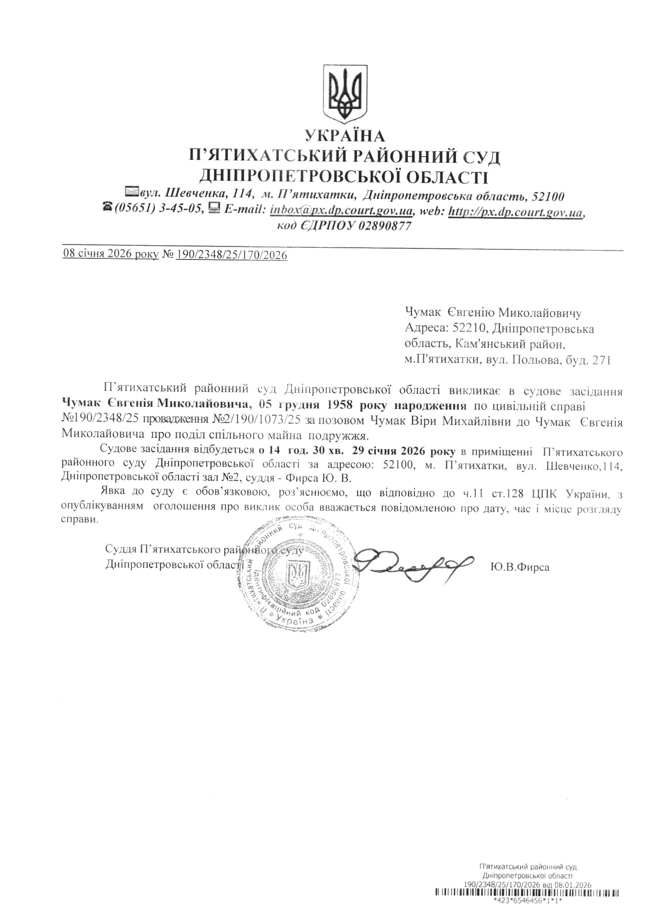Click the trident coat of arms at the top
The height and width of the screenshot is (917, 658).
pyautogui.click(x=345, y=94)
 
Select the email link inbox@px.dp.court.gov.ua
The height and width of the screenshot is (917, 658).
pyautogui.click(x=341, y=211)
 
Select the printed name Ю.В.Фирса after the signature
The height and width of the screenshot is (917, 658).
pyautogui.click(x=520, y=567)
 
